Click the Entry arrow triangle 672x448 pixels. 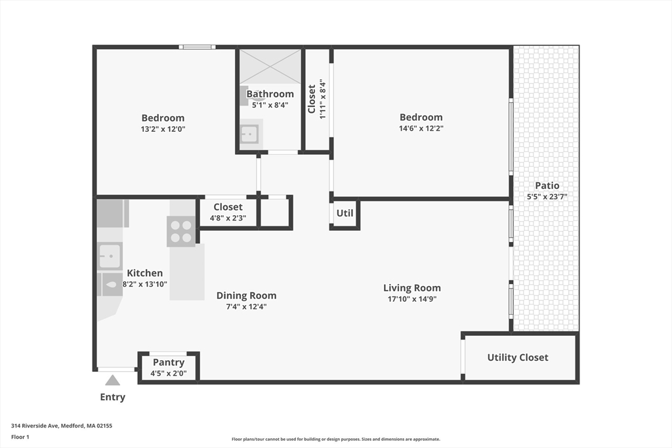coord(113,380)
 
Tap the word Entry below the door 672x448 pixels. coord(112,397)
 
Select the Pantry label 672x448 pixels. coord(169,362)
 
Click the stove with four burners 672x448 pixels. coord(181,231)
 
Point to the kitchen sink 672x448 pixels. coord(110,255)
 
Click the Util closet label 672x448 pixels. coord(345,213)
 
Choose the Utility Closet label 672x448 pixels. coord(517,357)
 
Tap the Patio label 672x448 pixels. coord(547,186)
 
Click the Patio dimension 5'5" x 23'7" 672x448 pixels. coord(547,197)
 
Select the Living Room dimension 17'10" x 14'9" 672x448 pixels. coord(411,299)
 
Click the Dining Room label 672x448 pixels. coord(246,295)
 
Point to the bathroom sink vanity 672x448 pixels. coord(250,133)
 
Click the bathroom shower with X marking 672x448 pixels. coord(270,66)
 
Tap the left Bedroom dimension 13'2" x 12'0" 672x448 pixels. coord(163,129)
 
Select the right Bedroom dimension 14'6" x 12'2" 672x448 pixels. coord(421,129)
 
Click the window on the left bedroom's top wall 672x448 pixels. coord(198,47)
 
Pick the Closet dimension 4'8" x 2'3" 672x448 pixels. coord(227,218)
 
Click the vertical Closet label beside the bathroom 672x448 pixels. coord(312,99)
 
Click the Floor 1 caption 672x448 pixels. coord(20,437)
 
